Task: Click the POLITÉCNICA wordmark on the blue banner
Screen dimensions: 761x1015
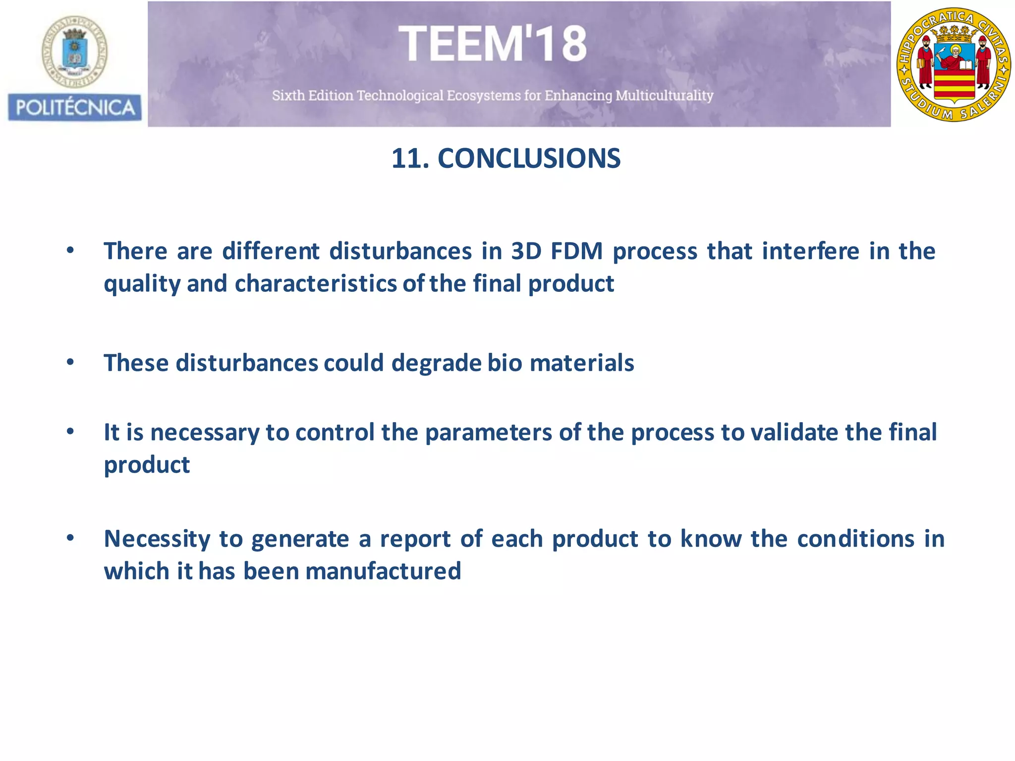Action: pyautogui.click(x=75, y=108)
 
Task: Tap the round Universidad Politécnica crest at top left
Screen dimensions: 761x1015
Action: pyautogui.click(x=74, y=52)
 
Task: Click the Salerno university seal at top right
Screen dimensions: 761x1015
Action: pyautogui.click(x=954, y=64)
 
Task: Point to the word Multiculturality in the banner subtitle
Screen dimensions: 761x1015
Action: pyautogui.click(x=664, y=95)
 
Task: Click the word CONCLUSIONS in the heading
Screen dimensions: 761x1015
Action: pyautogui.click(x=529, y=159)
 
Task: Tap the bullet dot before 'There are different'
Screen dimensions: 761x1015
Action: pyautogui.click(x=70, y=250)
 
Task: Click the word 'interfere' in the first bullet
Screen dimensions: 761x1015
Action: pyautogui.click(x=810, y=251)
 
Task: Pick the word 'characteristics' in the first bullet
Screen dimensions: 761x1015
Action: pyautogui.click(x=316, y=284)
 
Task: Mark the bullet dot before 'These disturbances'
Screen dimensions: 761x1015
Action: pyautogui.click(x=70, y=362)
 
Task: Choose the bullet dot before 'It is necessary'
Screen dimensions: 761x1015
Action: pyautogui.click(x=70, y=432)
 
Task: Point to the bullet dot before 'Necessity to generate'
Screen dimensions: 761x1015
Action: pyautogui.click(x=70, y=538)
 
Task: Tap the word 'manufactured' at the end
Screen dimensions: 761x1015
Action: pyautogui.click(x=383, y=571)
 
